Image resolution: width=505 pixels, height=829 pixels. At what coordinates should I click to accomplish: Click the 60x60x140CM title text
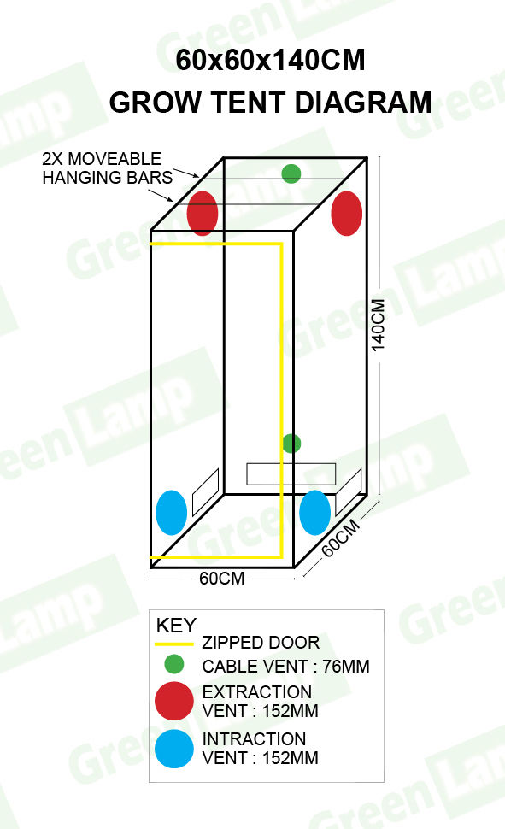pyautogui.click(x=270, y=60)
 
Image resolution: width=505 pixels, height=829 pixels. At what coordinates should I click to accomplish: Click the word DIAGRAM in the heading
pyautogui.click(x=363, y=102)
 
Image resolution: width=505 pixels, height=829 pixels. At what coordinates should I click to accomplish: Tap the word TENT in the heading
pyautogui.click(x=249, y=102)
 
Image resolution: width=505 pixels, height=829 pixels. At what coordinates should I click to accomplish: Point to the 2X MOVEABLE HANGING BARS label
pyautogui.click(x=108, y=168)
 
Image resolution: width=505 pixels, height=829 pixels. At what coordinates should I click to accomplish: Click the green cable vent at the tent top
pyautogui.click(x=291, y=173)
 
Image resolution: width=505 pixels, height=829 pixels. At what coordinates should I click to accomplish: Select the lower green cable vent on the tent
pyautogui.click(x=291, y=444)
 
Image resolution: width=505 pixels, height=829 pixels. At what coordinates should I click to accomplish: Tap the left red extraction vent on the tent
pyautogui.click(x=203, y=213)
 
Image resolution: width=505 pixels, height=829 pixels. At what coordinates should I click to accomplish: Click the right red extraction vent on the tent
pyautogui.click(x=346, y=213)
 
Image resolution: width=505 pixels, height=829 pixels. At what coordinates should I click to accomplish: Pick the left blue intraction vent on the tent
pyautogui.click(x=172, y=513)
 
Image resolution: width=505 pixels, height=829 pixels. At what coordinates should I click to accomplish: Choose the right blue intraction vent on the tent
pyautogui.click(x=315, y=513)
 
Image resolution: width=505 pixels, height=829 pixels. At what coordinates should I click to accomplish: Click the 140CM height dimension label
pyautogui.click(x=379, y=325)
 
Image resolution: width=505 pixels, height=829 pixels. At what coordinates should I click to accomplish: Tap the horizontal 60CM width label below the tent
pyautogui.click(x=222, y=579)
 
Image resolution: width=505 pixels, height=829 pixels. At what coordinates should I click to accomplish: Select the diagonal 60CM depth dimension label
pyautogui.click(x=341, y=538)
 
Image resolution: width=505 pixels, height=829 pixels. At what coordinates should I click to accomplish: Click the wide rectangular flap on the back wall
pyautogui.click(x=291, y=474)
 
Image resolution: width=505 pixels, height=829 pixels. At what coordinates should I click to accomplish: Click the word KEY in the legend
pyautogui.click(x=177, y=626)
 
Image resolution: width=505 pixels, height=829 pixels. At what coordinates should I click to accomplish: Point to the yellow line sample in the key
pyautogui.click(x=174, y=644)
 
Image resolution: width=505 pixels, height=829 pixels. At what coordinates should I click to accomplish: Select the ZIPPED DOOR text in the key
pyautogui.click(x=261, y=643)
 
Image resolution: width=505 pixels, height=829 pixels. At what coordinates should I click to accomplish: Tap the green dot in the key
pyautogui.click(x=174, y=664)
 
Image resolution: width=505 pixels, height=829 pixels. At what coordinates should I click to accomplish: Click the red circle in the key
pyautogui.click(x=174, y=701)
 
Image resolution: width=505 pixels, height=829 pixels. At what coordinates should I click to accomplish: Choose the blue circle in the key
pyautogui.click(x=174, y=749)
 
